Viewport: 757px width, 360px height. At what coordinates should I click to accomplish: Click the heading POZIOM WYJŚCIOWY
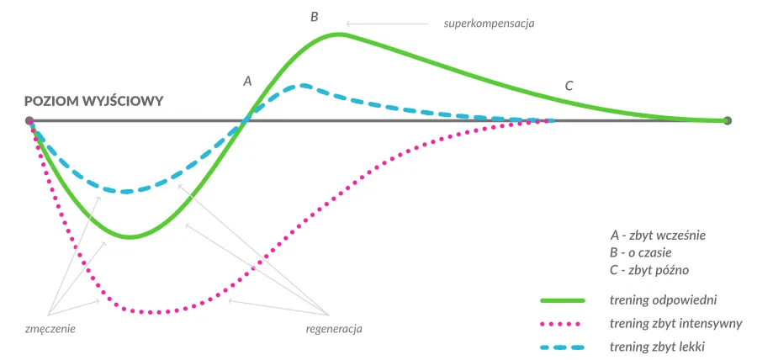pyautogui.click(x=93, y=100)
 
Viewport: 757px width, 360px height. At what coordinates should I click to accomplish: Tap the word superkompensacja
pyautogui.click(x=489, y=24)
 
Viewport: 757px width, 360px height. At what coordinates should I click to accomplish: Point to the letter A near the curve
pyautogui.click(x=247, y=82)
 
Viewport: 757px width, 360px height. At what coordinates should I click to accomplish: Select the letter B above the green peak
pyautogui.click(x=315, y=16)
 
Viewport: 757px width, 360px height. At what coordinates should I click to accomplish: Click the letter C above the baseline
pyautogui.click(x=569, y=86)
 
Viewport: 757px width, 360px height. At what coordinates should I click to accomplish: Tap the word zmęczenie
pyautogui.click(x=50, y=328)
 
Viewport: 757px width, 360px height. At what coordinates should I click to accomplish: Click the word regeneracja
pyautogui.click(x=334, y=328)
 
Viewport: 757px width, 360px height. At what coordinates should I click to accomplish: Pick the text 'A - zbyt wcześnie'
pyautogui.click(x=657, y=235)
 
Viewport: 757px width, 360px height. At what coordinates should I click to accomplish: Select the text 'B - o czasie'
pyautogui.click(x=645, y=252)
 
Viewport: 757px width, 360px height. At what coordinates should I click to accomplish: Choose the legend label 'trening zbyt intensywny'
pyautogui.click(x=675, y=323)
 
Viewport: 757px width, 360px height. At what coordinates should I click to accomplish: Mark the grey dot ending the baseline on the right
pyautogui.click(x=728, y=121)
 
